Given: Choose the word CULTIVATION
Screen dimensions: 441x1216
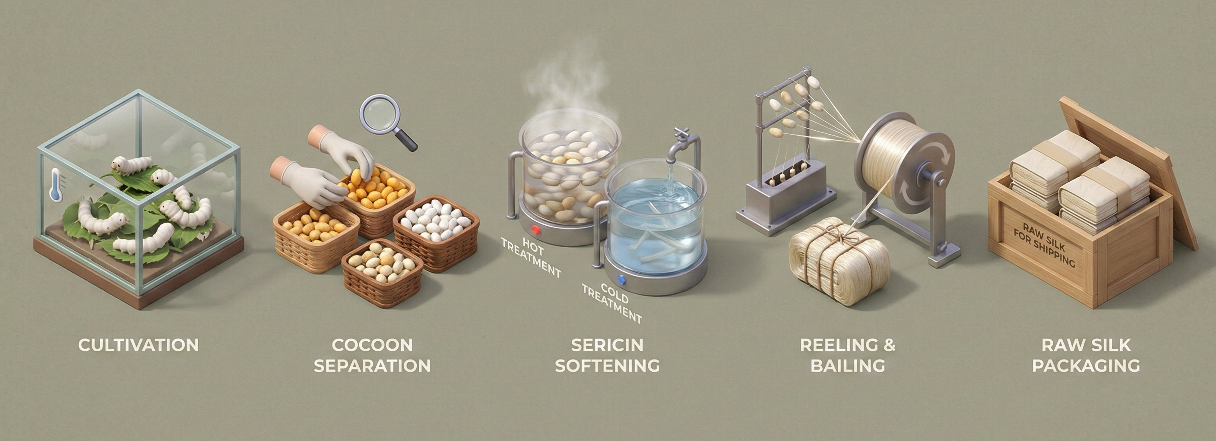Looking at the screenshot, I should click(138, 345).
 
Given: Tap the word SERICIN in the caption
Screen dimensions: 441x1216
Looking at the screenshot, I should click(607, 345).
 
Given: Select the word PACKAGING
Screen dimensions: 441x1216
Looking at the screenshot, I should click(1086, 365).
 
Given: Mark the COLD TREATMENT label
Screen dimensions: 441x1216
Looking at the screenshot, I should click(612, 302).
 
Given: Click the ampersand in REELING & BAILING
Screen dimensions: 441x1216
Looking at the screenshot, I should click(888, 345).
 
